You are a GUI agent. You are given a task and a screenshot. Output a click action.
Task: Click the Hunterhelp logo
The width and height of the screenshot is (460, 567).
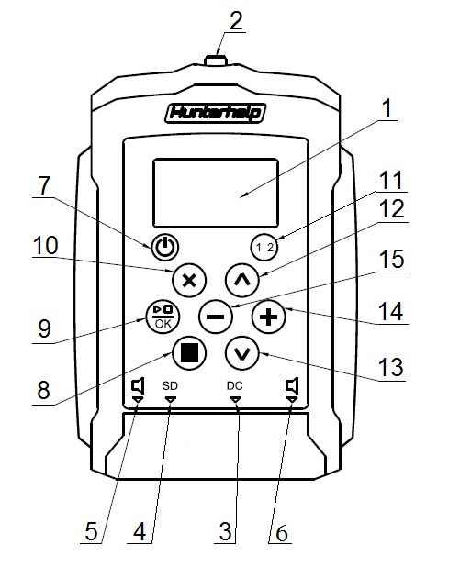click(216, 113)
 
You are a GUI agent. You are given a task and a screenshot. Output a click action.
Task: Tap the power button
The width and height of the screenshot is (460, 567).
click(164, 247)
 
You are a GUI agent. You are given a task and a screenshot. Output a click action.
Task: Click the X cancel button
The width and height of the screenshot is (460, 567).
click(189, 281)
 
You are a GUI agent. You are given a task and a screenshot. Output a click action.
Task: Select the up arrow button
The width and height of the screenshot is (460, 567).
click(242, 281)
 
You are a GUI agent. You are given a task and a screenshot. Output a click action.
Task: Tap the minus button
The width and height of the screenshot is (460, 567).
click(216, 317)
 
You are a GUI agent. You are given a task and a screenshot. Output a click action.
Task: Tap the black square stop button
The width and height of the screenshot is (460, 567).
click(189, 353)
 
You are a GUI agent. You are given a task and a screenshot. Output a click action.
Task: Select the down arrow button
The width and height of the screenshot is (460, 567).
click(242, 353)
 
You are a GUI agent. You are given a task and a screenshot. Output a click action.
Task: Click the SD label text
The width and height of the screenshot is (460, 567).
click(170, 386)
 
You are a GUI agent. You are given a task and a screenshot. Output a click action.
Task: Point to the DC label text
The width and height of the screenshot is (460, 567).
click(235, 386)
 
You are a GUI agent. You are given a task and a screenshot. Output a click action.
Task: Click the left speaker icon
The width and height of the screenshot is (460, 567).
click(138, 386)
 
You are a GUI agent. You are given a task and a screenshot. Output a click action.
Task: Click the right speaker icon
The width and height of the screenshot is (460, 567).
click(292, 386)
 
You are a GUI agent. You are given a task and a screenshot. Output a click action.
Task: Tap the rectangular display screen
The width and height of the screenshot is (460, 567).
click(216, 193)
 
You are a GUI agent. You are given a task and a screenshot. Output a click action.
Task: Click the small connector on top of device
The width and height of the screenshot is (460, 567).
click(216, 61)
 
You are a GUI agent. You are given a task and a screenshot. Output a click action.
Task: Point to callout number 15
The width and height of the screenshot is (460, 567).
click(392, 260)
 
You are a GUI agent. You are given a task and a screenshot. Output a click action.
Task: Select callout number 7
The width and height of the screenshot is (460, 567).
click(44, 185)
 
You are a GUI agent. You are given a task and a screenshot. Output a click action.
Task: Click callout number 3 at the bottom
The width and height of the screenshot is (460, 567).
click(226, 531)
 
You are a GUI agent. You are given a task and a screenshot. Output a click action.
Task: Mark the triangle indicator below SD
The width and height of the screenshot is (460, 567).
click(171, 399)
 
